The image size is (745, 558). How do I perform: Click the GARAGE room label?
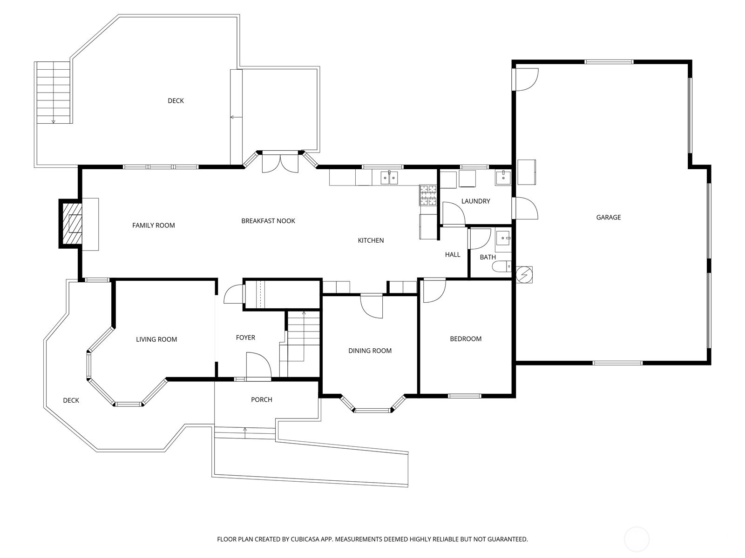[608, 217]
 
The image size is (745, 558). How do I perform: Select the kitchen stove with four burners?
[428, 195]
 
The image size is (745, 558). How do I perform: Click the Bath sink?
[503, 239]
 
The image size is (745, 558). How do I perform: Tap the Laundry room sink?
[503, 177]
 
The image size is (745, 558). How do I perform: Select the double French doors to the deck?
[280, 162]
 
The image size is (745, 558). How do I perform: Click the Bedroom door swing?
[433, 290]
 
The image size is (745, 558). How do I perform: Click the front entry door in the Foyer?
[258, 365]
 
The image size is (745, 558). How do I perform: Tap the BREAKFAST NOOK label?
[268, 221]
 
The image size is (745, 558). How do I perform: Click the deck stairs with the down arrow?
[53, 93]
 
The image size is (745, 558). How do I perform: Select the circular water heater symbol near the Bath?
[525, 274]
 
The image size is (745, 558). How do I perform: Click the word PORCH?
[261, 399]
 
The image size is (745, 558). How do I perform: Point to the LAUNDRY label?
[475, 201]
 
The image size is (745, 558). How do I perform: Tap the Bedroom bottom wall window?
[464, 396]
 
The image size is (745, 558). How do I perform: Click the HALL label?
[452, 254]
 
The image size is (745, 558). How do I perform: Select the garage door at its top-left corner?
[525, 79]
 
